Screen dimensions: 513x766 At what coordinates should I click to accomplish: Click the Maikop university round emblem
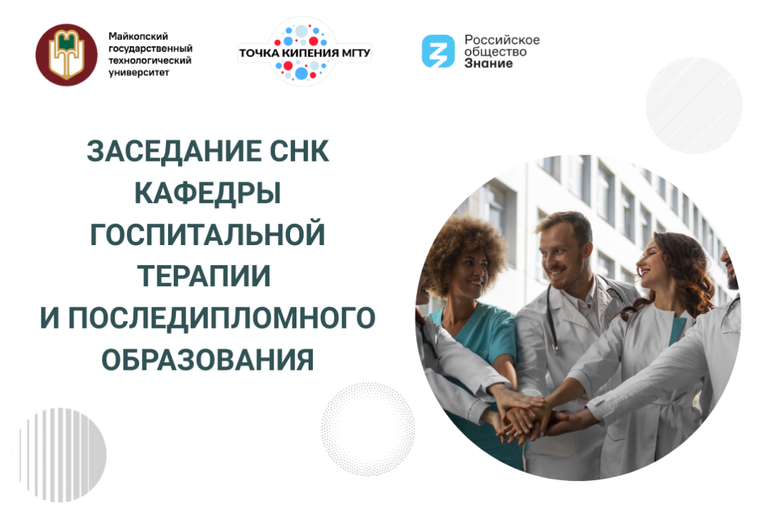[66, 55]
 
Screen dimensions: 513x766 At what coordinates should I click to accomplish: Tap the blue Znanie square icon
[438, 51]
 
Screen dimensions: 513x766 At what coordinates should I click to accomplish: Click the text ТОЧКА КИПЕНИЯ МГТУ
[304, 53]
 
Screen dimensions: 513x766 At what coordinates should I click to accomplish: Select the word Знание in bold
[488, 63]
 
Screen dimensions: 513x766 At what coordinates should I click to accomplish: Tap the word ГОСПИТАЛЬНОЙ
[207, 235]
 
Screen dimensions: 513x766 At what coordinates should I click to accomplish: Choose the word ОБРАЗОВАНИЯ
[207, 360]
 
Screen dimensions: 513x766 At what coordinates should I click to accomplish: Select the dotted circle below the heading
[368, 428]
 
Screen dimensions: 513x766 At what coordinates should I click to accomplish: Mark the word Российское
[502, 39]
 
